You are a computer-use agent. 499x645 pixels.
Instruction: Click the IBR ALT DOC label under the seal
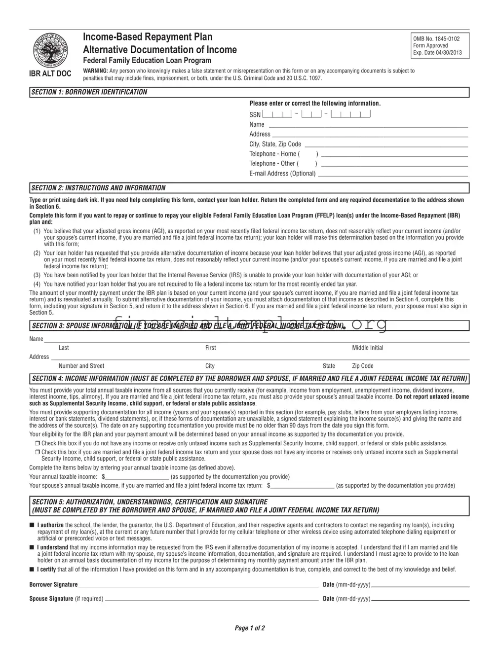tap(51, 74)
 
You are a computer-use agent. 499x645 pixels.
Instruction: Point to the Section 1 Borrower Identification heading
tap(89, 92)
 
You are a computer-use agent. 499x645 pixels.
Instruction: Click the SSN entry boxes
tap(316, 114)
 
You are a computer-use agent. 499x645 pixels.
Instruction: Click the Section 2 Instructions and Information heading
tap(98, 188)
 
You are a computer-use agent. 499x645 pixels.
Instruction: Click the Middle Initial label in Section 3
tap(367, 348)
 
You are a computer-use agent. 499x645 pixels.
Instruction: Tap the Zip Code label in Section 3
tap(362, 366)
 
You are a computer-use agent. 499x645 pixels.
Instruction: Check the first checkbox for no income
tap(37, 443)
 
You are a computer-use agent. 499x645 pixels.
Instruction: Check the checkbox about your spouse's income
tap(37, 452)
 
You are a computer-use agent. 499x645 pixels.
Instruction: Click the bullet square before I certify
tap(32, 570)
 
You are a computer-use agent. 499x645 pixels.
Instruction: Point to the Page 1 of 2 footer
tap(250, 628)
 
